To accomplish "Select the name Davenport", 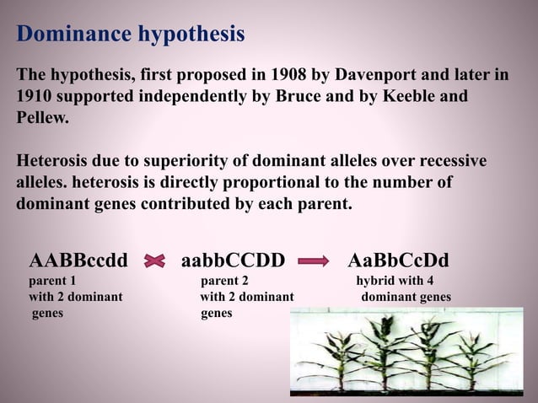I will click(376, 75).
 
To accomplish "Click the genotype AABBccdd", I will click(78, 259).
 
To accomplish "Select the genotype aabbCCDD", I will click(233, 259).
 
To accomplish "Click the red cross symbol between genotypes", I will click(154, 261).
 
